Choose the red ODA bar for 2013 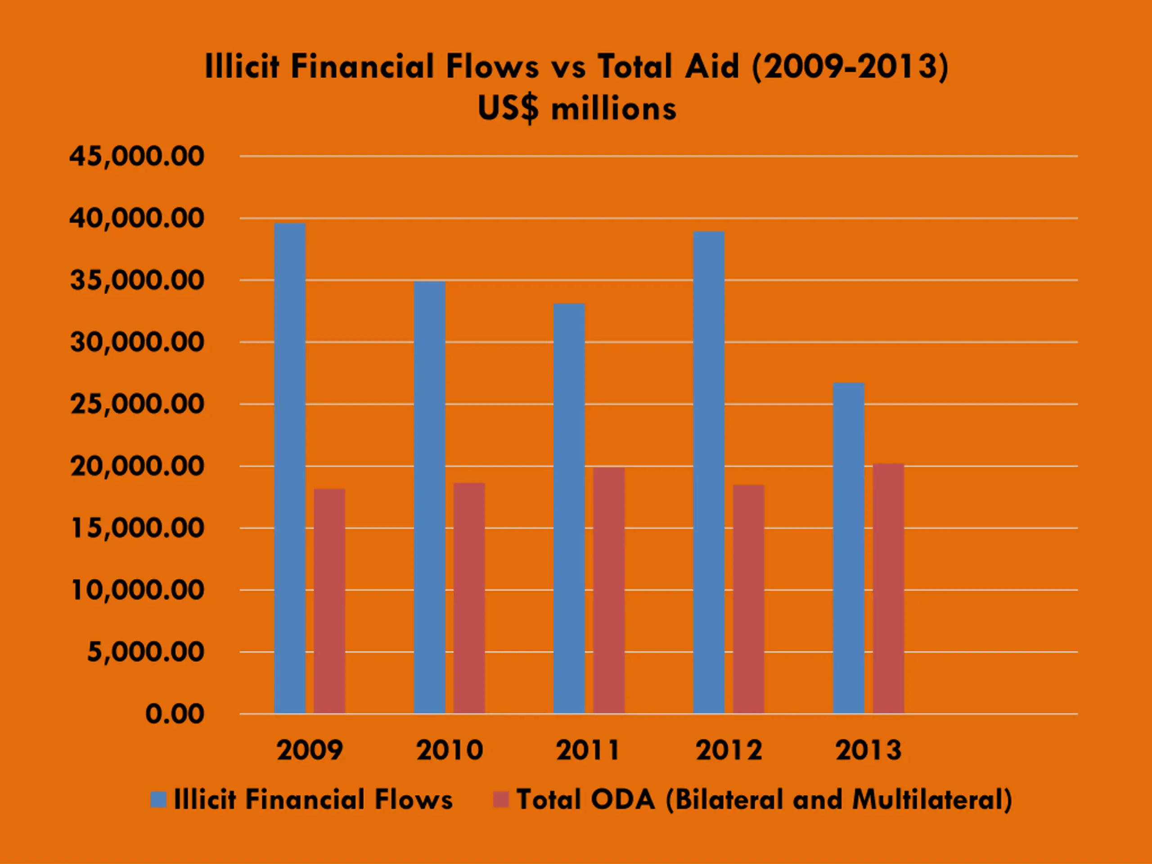pyautogui.click(x=888, y=588)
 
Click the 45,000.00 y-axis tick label pyautogui.click(x=136, y=156)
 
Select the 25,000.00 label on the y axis pyautogui.click(x=137, y=404)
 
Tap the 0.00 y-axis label pyautogui.click(x=175, y=714)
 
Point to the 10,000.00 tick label pyautogui.click(x=137, y=590)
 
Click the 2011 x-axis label pyautogui.click(x=588, y=751)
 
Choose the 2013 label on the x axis pyautogui.click(x=868, y=751)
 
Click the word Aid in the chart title pyautogui.click(x=711, y=67)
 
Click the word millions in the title pyautogui.click(x=614, y=109)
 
